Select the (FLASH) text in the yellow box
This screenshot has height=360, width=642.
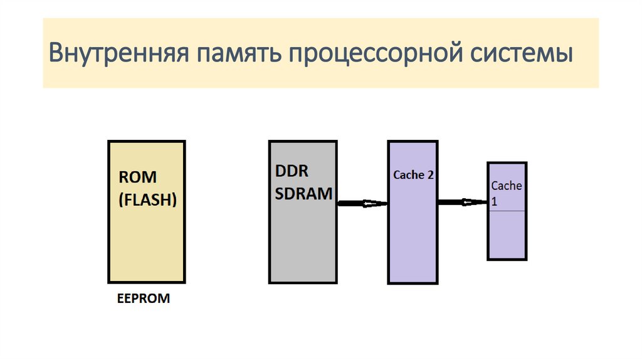(x=147, y=201)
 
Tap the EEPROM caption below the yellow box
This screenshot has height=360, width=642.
(x=144, y=299)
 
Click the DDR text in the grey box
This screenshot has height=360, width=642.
(x=292, y=171)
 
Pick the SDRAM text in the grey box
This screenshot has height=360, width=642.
(x=303, y=194)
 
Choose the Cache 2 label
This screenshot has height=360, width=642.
(x=413, y=175)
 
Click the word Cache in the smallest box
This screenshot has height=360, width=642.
(x=507, y=186)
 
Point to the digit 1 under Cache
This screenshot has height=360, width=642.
(x=494, y=202)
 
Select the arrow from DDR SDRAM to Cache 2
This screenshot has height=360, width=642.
(x=362, y=203)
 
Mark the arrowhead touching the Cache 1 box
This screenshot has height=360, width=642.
(x=478, y=202)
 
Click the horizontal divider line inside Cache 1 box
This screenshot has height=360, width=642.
(x=507, y=211)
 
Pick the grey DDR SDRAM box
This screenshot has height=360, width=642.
(x=303, y=245)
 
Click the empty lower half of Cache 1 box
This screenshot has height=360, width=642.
(x=507, y=235)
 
